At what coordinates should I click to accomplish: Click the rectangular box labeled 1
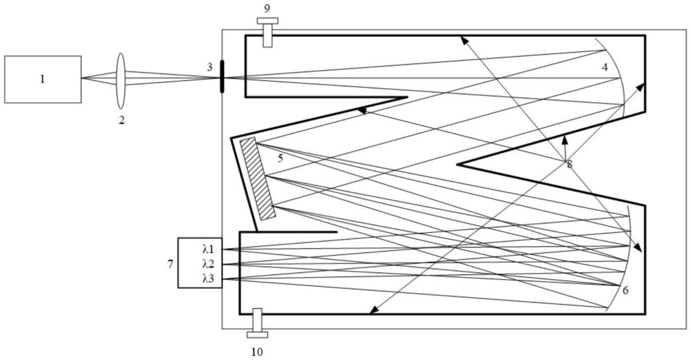tap(43, 79)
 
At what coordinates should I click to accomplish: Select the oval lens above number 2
tap(121, 81)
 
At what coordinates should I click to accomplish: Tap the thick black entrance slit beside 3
tap(222, 77)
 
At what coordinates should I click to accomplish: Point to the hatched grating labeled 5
tap(258, 178)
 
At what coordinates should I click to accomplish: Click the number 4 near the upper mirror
tap(605, 68)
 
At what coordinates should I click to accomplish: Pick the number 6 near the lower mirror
tap(626, 290)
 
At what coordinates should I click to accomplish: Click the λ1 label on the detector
tap(208, 249)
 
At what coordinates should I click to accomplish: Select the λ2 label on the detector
tap(208, 265)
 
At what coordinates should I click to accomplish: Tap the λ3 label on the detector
tap(208, 279)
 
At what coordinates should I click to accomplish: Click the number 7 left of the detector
tap(170, 265)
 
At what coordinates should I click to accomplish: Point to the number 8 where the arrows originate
tap(569, 164)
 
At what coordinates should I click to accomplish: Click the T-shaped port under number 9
tap(267, 32)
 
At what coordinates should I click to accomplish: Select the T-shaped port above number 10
tap(257, 323)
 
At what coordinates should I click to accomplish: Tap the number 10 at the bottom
tap(257, 352)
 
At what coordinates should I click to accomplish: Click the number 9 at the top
tap(267, 8)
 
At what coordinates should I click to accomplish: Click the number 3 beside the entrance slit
tap(210, 68)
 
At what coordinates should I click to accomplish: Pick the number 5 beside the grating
tap(281, 158)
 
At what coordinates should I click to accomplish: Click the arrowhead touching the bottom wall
tap(373, 311)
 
